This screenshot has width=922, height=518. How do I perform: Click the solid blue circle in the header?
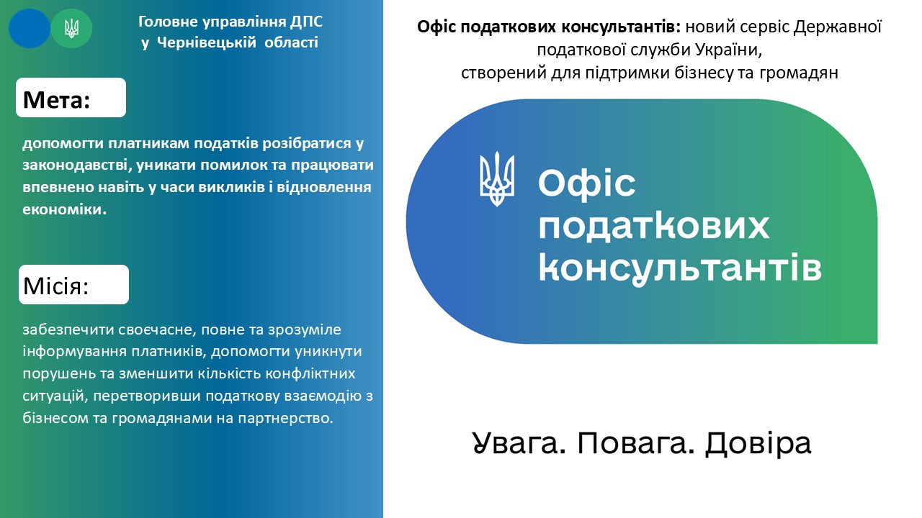click(30, 28)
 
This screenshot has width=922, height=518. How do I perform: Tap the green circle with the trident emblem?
click(71, 28)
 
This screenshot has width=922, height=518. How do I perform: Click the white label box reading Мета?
click(71, 97)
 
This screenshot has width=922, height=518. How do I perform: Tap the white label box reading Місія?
click(73, 284)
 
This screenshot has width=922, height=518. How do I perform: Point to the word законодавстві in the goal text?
click(77, 165)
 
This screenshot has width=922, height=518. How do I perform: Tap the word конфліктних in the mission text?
click(310, 373)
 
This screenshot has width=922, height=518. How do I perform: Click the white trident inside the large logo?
click(497, 179)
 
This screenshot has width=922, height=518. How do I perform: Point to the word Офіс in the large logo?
click(586, 183)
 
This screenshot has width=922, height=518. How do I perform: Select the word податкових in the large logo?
click(653, 226)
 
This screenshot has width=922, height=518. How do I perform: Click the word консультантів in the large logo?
click(679, 268)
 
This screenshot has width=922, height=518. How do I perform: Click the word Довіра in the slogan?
click(758, 444)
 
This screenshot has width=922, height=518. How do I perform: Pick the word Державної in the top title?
click(838, 27)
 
